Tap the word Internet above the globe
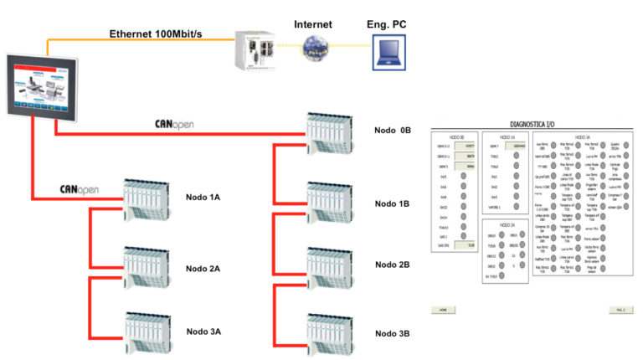coord(311,25)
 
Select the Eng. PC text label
coord(386,25)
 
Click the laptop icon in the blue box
coord(387,55)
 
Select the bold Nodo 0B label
coord(393,131)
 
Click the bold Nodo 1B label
coord(393,203)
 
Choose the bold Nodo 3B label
coord(393,334)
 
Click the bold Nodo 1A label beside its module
coord(203,198)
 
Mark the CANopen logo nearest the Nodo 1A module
coord(80,190)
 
